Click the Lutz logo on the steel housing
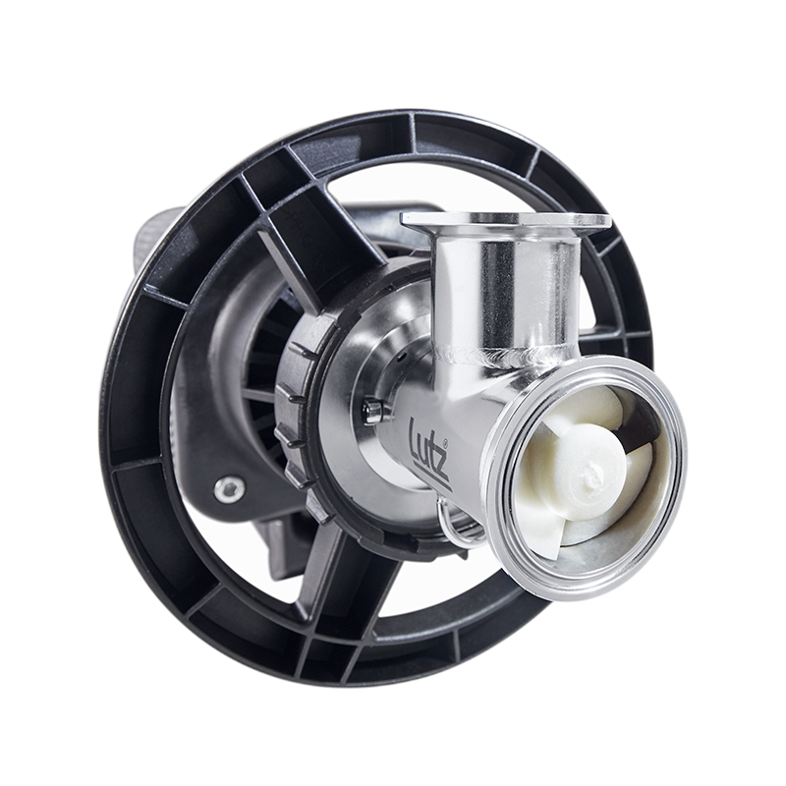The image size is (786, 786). [x=430, y=454]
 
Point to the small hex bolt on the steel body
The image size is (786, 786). [x=372, y=410]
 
